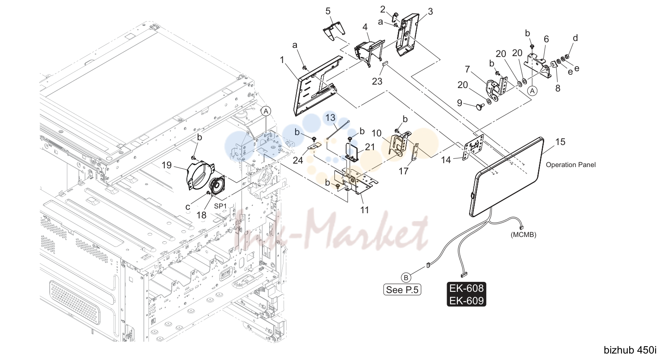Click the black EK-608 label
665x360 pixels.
coord(466,288)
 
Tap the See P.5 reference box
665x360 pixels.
coord(402,290)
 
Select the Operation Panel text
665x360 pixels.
coord(570,165)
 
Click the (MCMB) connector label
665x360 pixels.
coord(523,235)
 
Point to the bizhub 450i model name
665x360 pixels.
coord(630,350)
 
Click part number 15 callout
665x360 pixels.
coord(560,142)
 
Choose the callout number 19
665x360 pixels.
coord(167,165)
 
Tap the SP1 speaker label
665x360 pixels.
coord(220,206)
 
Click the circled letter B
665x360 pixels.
coord(406,278)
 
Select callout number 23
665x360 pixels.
coord(377,82)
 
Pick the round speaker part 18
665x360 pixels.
coord(217,186)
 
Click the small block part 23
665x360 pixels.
coord(385,63)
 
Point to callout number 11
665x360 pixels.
coord(364,210)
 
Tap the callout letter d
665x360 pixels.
coord(575,38)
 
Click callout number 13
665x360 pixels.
coord(330,117)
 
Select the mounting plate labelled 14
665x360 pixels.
coord(473,147)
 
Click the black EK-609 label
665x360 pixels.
coord(466,300)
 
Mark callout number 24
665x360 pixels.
coord(298,160)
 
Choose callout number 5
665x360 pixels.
coord(328,11)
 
